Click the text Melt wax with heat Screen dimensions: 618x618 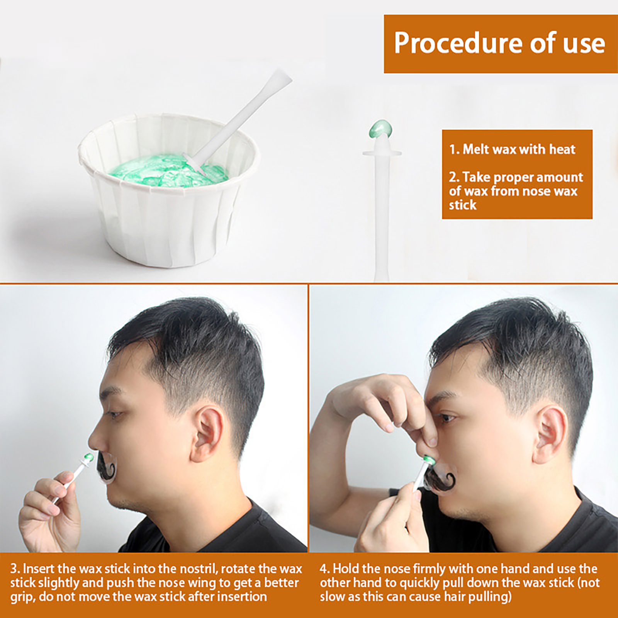coord(512,149)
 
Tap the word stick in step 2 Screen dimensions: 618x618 coord(463,205)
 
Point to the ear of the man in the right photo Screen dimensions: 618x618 coord(551,435)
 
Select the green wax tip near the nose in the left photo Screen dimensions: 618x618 coord(88,458)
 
